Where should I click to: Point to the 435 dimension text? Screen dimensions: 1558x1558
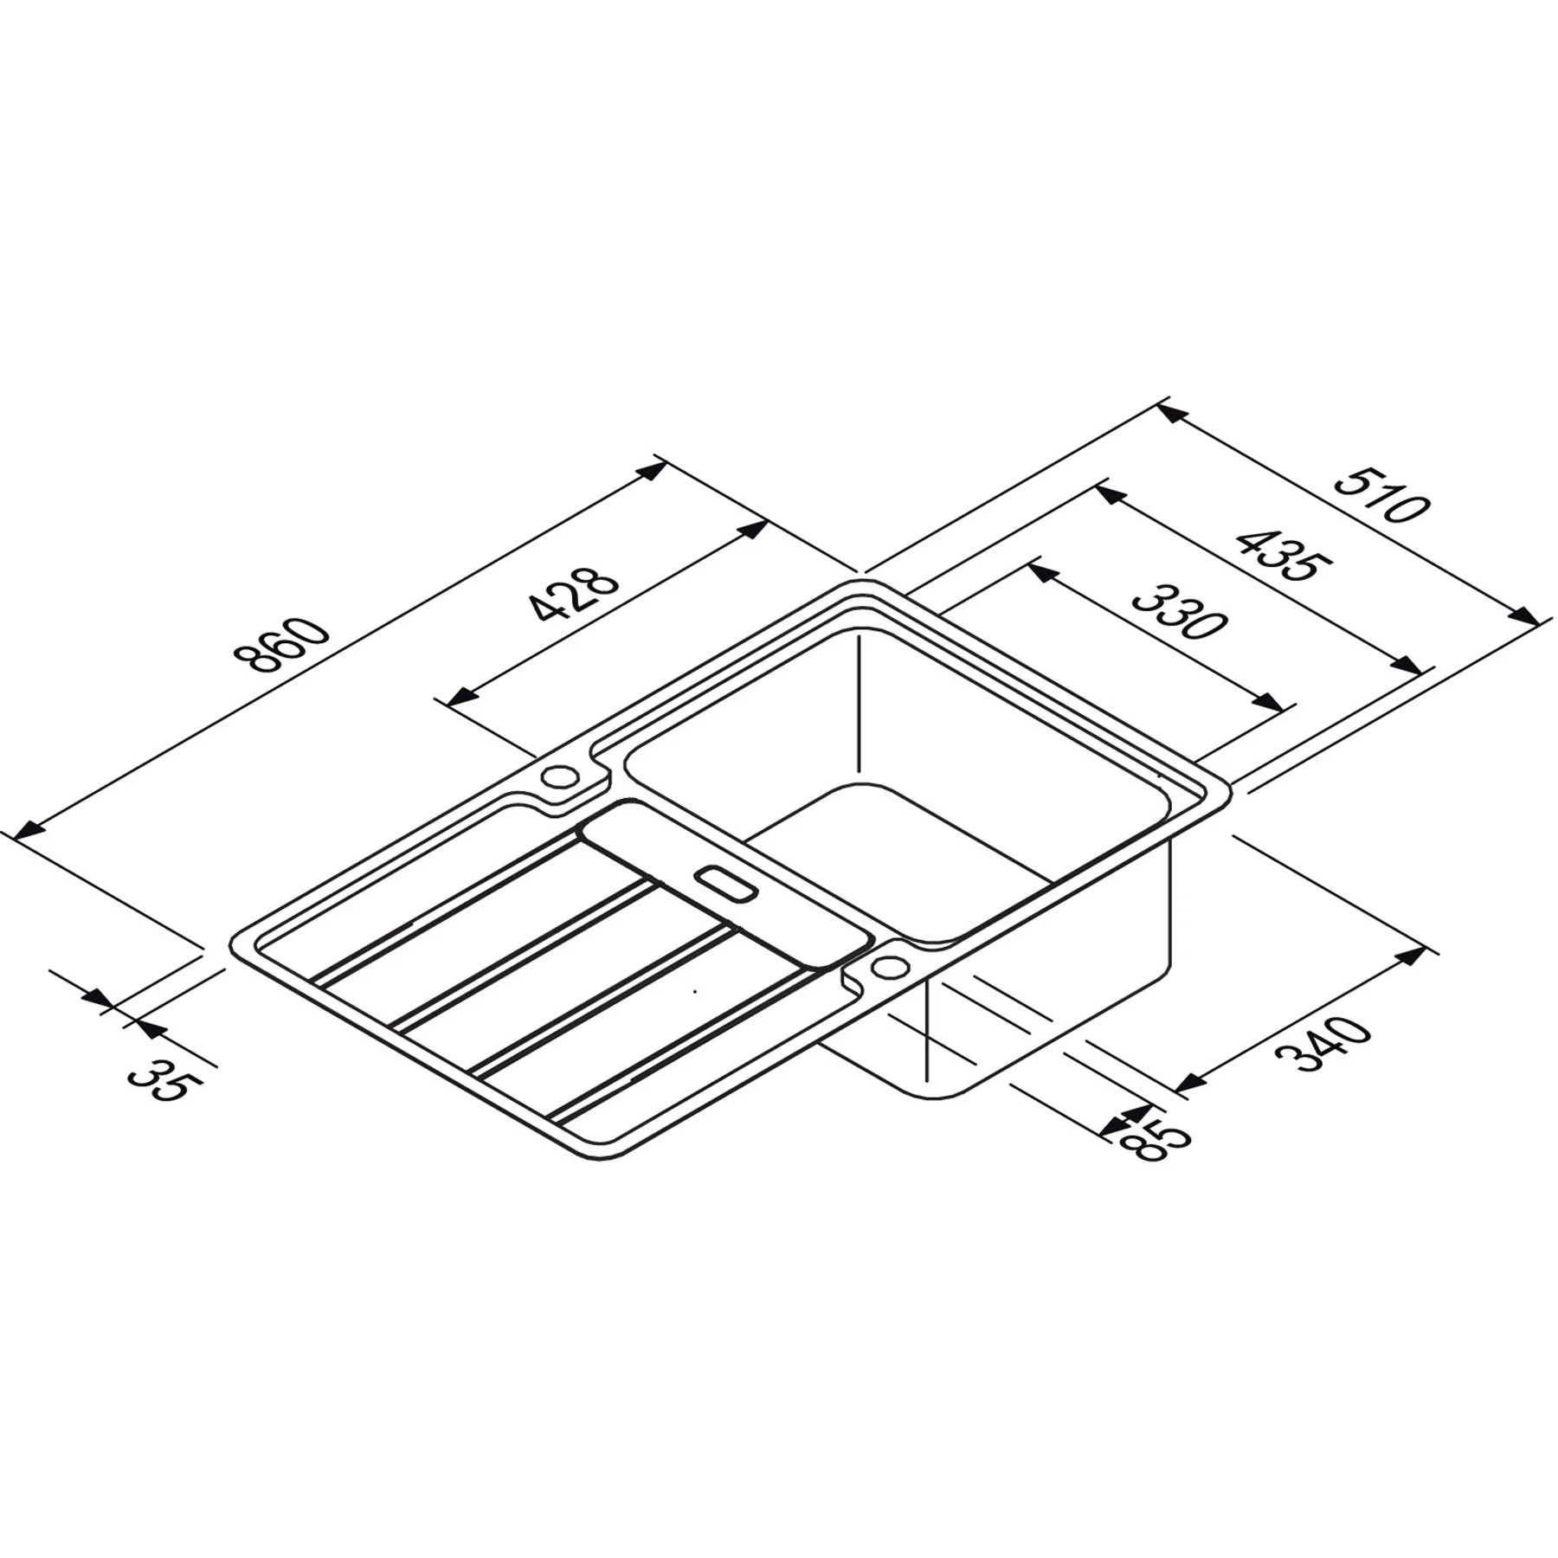pyautogui.click(x=1278, y=555)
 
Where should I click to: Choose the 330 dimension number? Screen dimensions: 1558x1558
pyautogui.click(x=1179, y=611)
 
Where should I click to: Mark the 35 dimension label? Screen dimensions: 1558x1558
pyautogui.click(x=164, y=1079)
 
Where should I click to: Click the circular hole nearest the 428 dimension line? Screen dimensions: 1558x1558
pyautogui.click(x=559, y=776)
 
